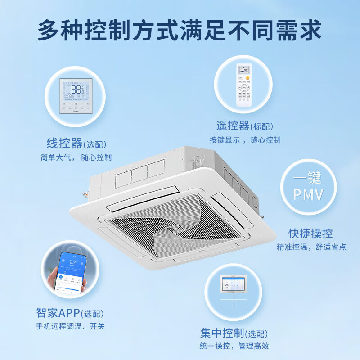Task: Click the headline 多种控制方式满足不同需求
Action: pyautogui.click(x=180, y=30)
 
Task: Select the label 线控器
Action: pyautogui.click(x=64, y=144)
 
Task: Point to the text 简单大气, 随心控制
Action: pyautogui.click(x=76, y=157)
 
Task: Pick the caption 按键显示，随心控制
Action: pyautogui.click(x=245, y=140)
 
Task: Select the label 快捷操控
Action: pyautogui.click(x=310, y=234)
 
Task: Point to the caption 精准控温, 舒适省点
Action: pyautogui.click(x=311, y=247)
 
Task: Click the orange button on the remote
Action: pyautogui.click(x=247, y=79)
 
